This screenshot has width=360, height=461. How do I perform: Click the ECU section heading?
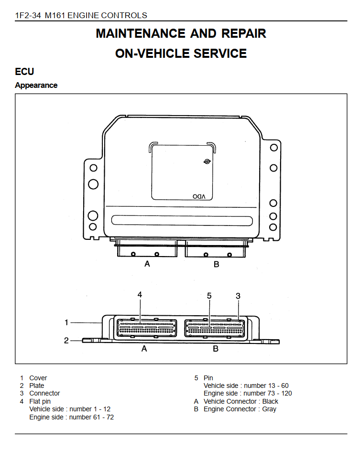click(x=24, y=72)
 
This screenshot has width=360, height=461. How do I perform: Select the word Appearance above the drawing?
click(x=36, y=85)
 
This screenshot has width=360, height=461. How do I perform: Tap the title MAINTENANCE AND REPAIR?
click(x=181, y=33)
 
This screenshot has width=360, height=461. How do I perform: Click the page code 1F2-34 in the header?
click(x=28, y=15)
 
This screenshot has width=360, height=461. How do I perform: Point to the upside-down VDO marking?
click(x=199, y=196)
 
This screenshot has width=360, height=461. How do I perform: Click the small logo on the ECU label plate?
click(x=207, y=161)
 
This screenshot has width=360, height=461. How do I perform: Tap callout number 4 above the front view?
click(x=140, y=294)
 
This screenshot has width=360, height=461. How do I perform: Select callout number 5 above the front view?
click(x=209, y=296)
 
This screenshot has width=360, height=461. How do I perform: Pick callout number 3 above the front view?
click(x=238, y=296)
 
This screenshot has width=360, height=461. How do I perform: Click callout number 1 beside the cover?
click(x=66, y=322)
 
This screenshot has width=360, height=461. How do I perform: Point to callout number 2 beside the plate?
click(x=66, y=341)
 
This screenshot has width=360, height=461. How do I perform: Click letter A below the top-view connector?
click(x=147, y=264)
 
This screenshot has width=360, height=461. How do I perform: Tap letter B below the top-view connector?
click(x=217, y=264)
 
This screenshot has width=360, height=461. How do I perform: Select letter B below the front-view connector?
click(x=216, y=349)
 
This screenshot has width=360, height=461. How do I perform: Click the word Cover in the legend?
click(x=38, y=378)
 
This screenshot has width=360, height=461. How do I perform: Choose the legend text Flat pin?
click(x=40, y=401)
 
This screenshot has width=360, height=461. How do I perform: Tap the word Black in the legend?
click(x=270, y=401)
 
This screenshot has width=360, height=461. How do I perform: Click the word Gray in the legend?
click(x=269, y=409)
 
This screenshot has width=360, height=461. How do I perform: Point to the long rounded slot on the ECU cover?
click(x=182, y=221)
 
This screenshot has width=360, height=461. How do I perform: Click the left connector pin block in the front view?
click(x=147, y=328)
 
